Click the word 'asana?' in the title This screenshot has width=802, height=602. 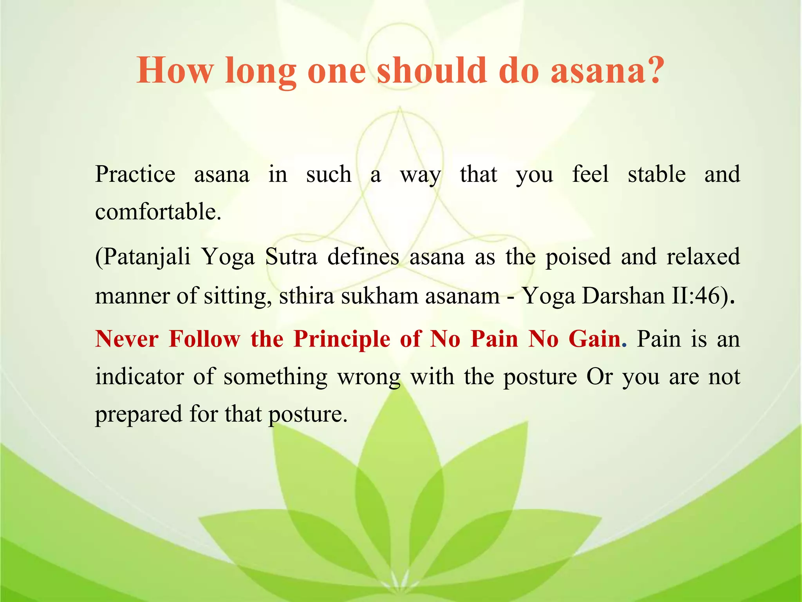607,71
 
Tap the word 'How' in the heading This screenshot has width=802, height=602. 175,71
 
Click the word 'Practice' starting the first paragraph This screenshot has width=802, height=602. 135,174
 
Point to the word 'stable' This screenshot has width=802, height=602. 657,174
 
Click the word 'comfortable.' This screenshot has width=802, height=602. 158,212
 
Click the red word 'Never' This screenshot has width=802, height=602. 127,339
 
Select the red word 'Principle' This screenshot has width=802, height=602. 341,339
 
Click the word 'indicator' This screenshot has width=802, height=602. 139,377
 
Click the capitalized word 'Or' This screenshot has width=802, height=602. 599,377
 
